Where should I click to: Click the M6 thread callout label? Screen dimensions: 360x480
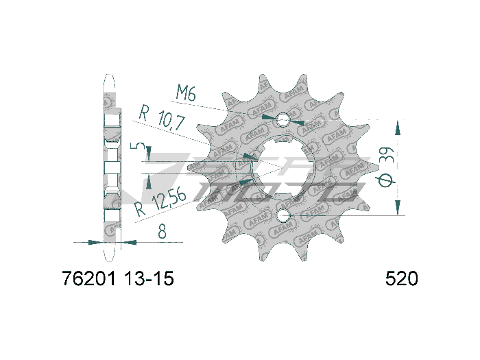coord(186,93)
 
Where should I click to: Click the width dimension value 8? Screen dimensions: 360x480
coord(163,232)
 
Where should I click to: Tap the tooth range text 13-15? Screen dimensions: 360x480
coord(149,279)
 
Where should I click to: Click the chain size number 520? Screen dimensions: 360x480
coord(402,279)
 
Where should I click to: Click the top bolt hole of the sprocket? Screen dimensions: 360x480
coord(284,119)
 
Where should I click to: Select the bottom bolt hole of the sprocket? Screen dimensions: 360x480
coord(284,216)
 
